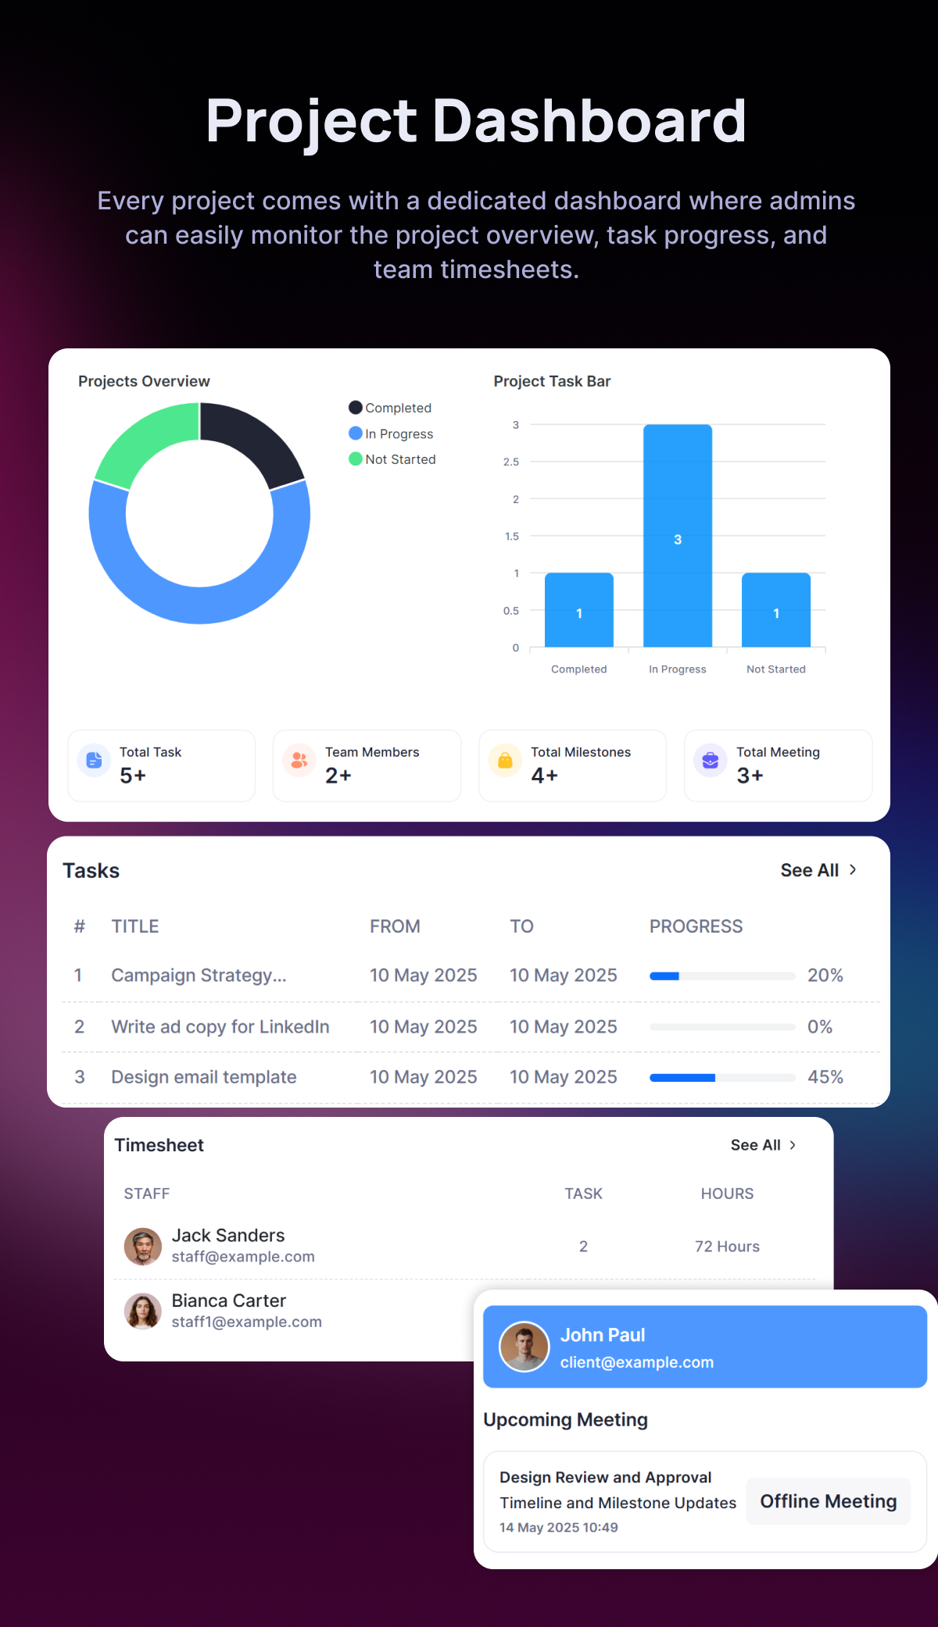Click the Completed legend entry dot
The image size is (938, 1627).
click(356, 408)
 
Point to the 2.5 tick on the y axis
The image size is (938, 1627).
click(511, 462)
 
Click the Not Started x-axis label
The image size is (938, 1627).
click(775, 669)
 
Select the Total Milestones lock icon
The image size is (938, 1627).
click(505, 760)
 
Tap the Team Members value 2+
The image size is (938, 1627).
click(338, 776)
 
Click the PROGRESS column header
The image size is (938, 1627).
click(696, 926)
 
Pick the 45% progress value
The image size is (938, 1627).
click(825, 1077)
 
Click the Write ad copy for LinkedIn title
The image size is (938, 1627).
click(220, 1027)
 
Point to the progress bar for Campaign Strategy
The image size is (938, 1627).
click(721, 976)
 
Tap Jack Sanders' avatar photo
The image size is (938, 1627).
click(143, 1246)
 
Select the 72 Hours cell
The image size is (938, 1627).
click(727, 1247)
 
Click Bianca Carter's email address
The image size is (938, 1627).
click(246, 1322)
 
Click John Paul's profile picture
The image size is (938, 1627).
click(524, 1347)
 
